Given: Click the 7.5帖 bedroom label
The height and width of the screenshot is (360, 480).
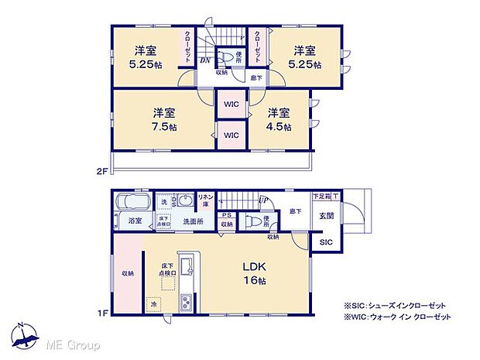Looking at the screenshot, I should (x=162, y=118).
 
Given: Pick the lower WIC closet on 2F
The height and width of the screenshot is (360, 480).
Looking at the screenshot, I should (x=231, y=135).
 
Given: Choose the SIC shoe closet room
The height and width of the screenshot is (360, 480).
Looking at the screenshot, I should (x=324, y=242).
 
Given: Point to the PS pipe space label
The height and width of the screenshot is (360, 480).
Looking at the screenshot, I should (x=226, y=215).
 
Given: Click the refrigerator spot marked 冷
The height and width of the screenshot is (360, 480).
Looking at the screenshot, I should (x=154, y=303).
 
